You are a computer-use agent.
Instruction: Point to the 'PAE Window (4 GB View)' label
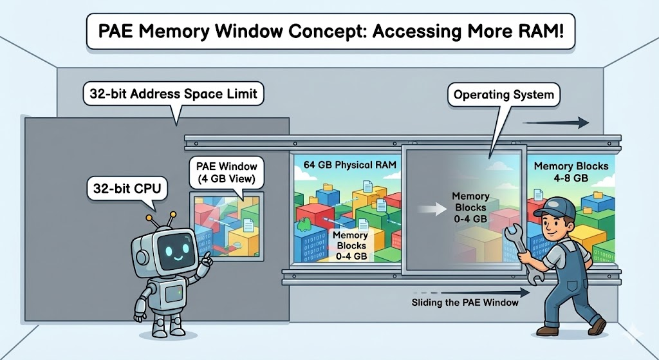[x=226, y=169]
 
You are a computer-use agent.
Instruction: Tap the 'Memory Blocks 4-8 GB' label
[x=571, y=171]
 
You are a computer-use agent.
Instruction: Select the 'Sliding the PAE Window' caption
[x=465, y=302]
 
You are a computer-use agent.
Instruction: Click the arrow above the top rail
[x=555, y=123]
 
